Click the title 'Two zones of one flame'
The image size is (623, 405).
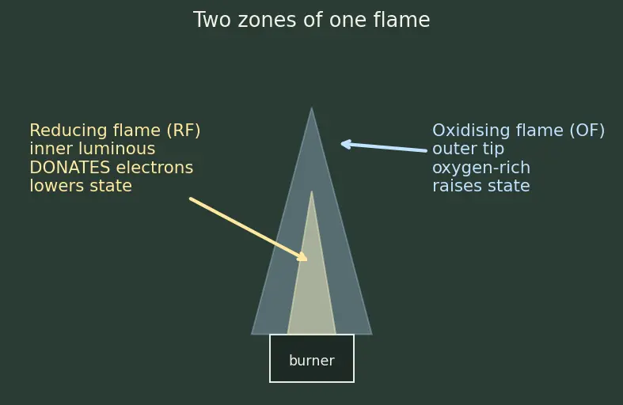pos(312,20)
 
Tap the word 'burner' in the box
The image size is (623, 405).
pos(312,361)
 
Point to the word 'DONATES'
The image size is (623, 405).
pos(70,168)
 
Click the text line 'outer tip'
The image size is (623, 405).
pos(468,150)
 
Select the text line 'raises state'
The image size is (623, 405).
pos(481,186)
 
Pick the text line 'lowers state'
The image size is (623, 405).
pos(81,186)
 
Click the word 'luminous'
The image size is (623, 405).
pos(117,149)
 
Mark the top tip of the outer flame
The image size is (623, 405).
pos(312,108)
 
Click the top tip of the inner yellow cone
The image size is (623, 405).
pos(312,191)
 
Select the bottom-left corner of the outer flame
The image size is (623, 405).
pos(252,335)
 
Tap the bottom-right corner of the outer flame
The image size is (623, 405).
pos(372,335)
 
